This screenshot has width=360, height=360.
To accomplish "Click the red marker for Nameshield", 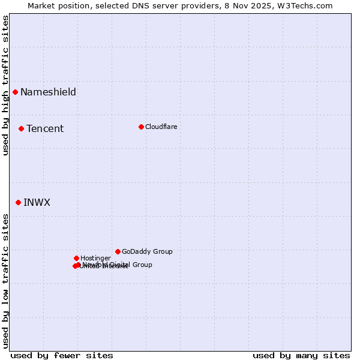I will coord(15,92).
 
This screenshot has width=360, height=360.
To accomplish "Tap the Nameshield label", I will coord(48,92).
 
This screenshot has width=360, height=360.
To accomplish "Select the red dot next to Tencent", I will coord(21,128).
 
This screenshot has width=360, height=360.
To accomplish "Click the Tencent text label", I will coord(45,128).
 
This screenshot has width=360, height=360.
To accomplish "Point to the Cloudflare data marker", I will coord(141,127).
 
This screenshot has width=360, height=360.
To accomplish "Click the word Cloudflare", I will coord(161,127).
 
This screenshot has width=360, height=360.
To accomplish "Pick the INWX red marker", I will coord(18,202).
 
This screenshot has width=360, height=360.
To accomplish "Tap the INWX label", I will coord(37,202).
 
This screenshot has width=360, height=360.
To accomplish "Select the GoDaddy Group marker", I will coord(118,251).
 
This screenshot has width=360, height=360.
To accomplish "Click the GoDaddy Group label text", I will coord(147,251).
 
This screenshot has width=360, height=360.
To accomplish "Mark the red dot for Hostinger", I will coord(76,258).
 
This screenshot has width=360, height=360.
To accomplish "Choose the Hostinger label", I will coord(95,258).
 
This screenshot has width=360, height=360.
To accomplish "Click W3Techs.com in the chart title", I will coord(305,5).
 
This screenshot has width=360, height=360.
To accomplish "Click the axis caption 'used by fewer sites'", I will coord(62,355).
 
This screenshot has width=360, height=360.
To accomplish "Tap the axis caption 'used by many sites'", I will coord(301,355).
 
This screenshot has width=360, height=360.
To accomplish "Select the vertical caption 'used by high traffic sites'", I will coord(6,85).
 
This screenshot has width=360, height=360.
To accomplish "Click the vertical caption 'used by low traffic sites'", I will coord(6,280).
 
